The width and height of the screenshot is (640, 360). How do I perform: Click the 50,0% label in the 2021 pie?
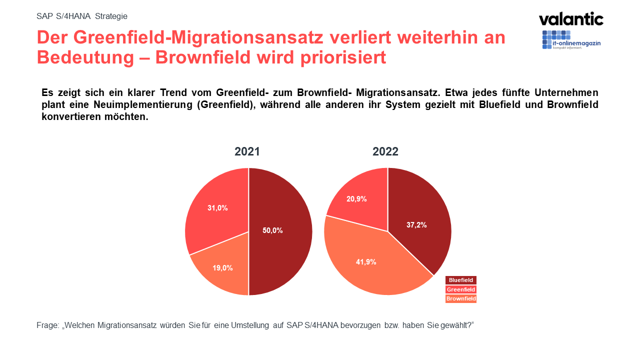point(272,230)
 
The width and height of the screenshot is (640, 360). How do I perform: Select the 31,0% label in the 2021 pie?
point(217,207)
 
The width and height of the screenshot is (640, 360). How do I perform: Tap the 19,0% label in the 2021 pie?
point(222,268)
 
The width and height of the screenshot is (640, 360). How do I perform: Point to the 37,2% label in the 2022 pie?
point(416,225)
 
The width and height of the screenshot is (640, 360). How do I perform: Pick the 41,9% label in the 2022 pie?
point(366,261)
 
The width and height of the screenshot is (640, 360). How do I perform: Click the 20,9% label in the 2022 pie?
point(356,198)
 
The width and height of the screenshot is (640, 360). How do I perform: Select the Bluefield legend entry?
point(460,280)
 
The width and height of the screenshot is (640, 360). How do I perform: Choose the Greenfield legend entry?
point(460,289)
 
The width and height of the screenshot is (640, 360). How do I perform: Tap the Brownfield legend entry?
point(460,298)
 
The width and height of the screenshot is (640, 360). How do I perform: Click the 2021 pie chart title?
point(247,151)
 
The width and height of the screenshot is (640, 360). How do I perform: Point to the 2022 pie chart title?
point(385,151)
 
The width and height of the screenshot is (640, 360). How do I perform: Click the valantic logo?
point(571,19)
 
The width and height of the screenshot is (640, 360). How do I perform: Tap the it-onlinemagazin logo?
point(571,40)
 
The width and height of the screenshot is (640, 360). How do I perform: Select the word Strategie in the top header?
point(111,16)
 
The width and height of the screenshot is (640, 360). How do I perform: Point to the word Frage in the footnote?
point(47,325)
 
